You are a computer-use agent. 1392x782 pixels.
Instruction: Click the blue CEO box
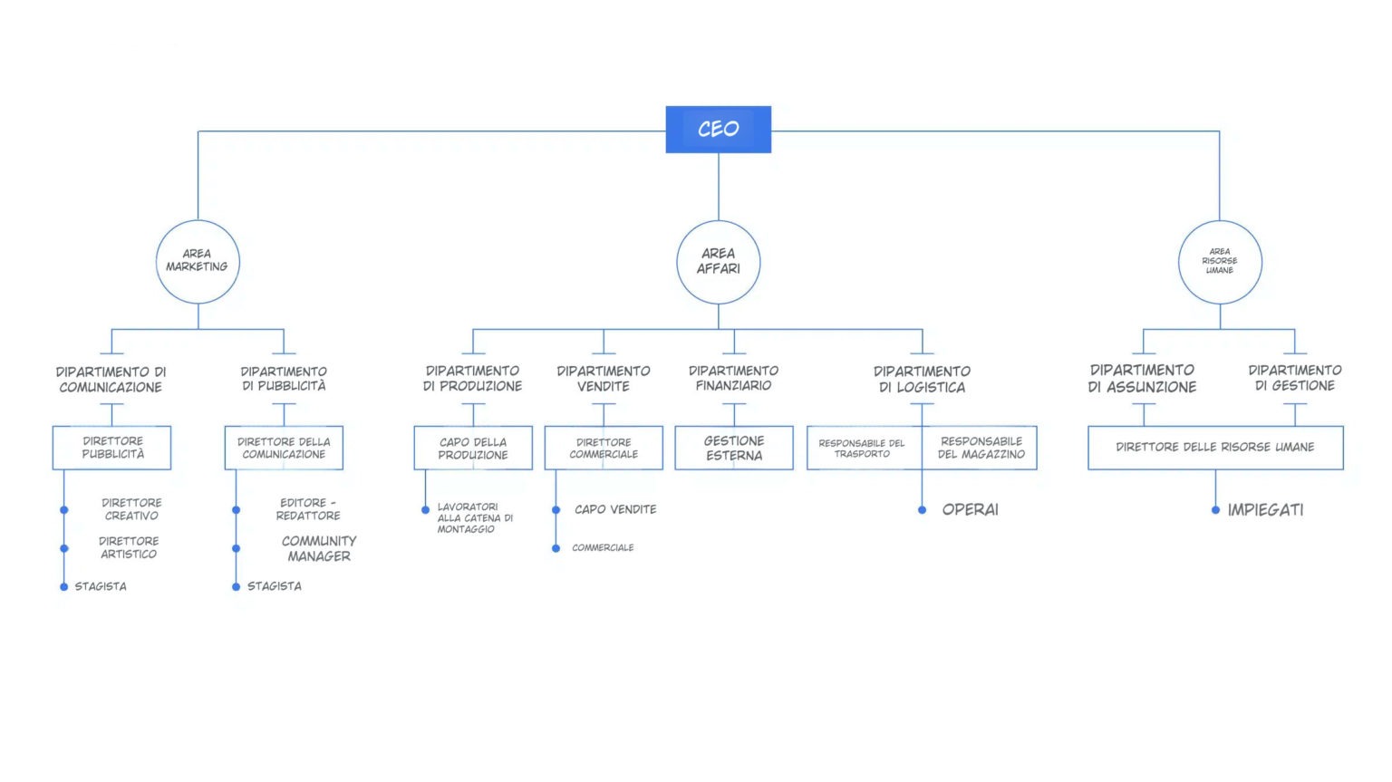coord(718,130)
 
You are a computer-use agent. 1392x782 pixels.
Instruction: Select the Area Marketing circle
coord(198,261)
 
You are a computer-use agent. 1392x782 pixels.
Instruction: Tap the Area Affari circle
coord(718,261)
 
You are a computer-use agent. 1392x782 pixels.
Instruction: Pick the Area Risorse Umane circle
coord(1219,261)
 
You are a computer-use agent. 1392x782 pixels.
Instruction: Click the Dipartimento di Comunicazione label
coord(111,379)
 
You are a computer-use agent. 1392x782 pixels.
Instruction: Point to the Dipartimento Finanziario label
coord(733,378)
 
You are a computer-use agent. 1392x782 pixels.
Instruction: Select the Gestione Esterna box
coord(733,448)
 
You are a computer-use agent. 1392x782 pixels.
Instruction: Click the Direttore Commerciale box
coord(604,448)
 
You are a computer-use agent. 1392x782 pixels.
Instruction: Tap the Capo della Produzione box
coord(473,448)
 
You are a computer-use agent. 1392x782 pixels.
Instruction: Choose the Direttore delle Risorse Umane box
coord(1214,447)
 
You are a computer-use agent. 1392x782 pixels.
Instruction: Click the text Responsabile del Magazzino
coord(981,448)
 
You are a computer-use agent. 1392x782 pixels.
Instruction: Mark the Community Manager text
coord(319,548)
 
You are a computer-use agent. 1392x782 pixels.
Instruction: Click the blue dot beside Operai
coord(922,510)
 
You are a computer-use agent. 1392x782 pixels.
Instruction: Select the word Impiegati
coord(1265,510)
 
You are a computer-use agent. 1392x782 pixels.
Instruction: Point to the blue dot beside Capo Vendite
coord(556,510)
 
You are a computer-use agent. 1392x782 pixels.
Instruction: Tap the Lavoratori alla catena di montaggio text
coord(474,517)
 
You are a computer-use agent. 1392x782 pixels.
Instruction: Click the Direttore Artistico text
coord(129,547)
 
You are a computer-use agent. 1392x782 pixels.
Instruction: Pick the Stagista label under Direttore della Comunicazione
coord(274,586)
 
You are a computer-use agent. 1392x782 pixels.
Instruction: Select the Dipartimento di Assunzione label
coord(1142,378)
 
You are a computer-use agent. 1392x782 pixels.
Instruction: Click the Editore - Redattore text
coord(308,508)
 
